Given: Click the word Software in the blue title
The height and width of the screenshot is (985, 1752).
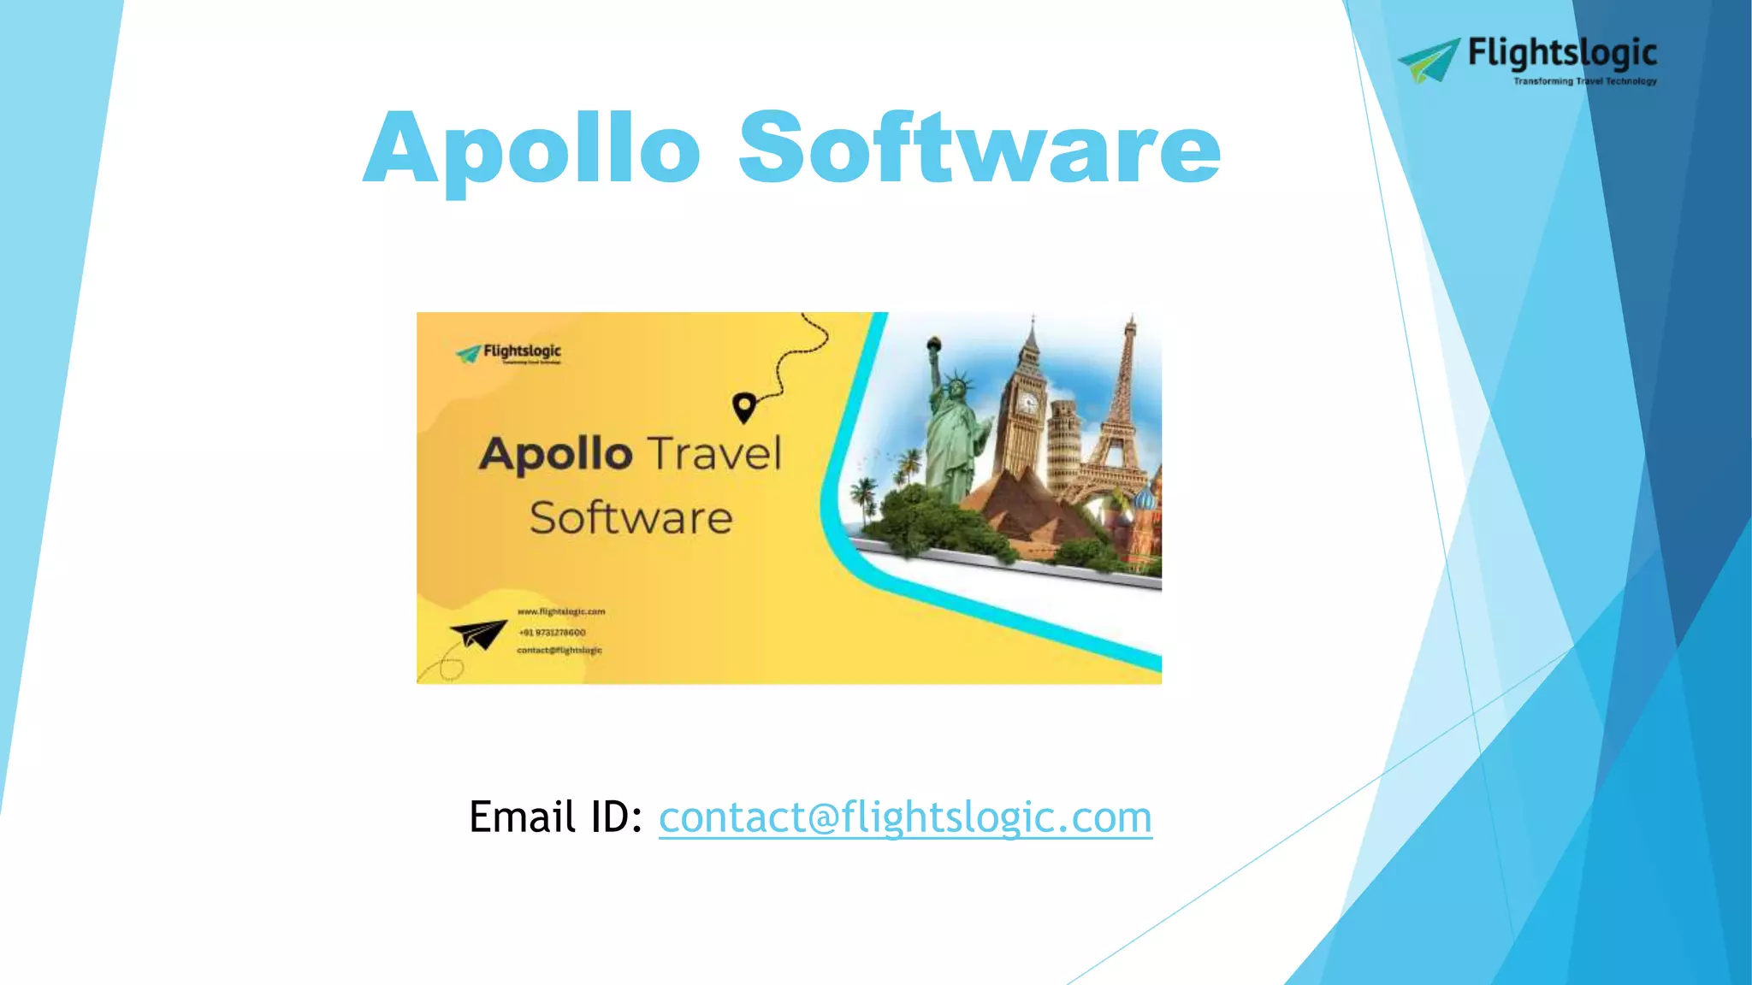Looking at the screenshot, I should click(x=980, y=148).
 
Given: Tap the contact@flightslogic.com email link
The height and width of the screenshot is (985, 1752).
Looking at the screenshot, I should click(x=905, y=817).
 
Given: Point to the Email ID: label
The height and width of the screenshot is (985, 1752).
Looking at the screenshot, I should click(x=556, y=817).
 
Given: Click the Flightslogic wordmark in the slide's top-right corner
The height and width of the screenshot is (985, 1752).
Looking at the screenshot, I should click(x=1562, y=54).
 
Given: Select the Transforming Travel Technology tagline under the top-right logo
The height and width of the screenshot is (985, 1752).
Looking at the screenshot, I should click(x=1584, y=81).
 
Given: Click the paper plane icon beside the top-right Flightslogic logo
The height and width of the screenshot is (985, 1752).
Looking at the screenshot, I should click(x=1430, y=60).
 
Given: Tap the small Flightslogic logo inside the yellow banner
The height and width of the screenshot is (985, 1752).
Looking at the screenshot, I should click(x=510, y=352).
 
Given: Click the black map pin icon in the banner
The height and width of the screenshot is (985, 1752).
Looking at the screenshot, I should click(x=744, y=407).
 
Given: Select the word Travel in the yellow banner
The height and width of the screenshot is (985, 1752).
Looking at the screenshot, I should click(x=713, y=453).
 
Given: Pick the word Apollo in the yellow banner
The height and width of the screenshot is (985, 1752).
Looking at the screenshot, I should click(x=556, y=454).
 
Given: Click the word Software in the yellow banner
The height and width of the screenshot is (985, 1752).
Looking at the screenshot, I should click(x=631, y=518).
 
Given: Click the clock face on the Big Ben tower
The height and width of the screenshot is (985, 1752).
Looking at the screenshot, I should click(x=1027, y=404).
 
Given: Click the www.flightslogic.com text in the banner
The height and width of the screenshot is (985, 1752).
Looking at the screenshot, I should click(x=561, y=611).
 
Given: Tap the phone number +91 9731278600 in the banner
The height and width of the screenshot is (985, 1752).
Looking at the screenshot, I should click(x=553, y=633).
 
